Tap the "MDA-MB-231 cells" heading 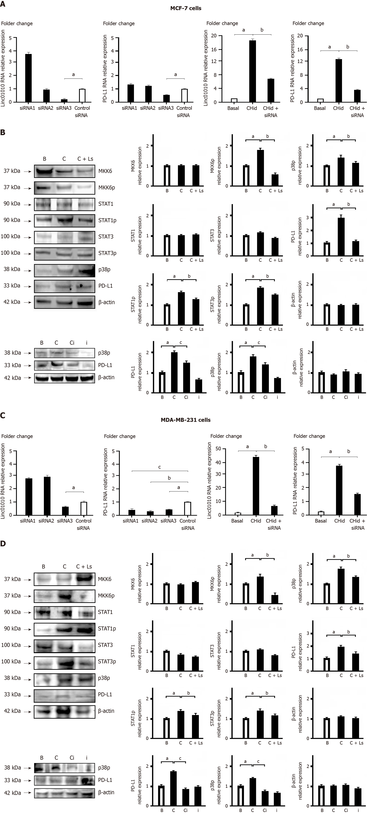[x=186, y=420]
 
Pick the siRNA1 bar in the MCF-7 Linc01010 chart [x=28, y=78]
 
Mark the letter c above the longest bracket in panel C [x=160, y=467]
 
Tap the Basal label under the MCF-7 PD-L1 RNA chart [x=320, y=108]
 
